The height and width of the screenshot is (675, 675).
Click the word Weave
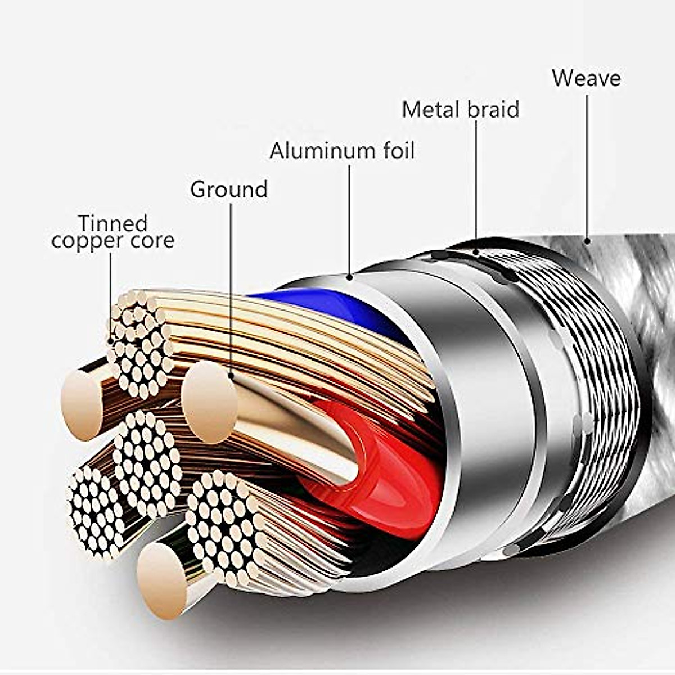[586, 78]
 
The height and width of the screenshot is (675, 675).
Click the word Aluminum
[321, 151]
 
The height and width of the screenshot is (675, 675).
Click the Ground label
[228, 190]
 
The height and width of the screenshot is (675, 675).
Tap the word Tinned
[112, 223]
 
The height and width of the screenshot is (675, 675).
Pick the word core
[152, 241]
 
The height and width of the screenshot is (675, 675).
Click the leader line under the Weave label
[587, 163]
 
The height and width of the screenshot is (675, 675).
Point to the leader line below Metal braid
[476, 186]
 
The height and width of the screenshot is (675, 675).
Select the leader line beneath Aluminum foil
[349, 219]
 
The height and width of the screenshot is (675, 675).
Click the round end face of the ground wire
[209, 401]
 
